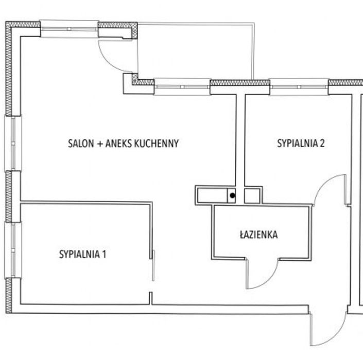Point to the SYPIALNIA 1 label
(x=83, y=254)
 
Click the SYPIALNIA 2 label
(x=301, y=143)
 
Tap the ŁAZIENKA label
(x=258, y=235)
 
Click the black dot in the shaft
(x=233, y=195)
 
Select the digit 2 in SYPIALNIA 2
(x=322, y=143)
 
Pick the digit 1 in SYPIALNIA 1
(x=104, y=254)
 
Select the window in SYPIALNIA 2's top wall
(x=299, y=87)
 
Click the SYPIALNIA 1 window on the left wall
(x=13, y=250)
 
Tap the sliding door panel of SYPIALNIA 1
(x=153, y=265)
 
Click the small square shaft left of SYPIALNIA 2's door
(x=252, y=196)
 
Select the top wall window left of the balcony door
(x=70, y=29)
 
